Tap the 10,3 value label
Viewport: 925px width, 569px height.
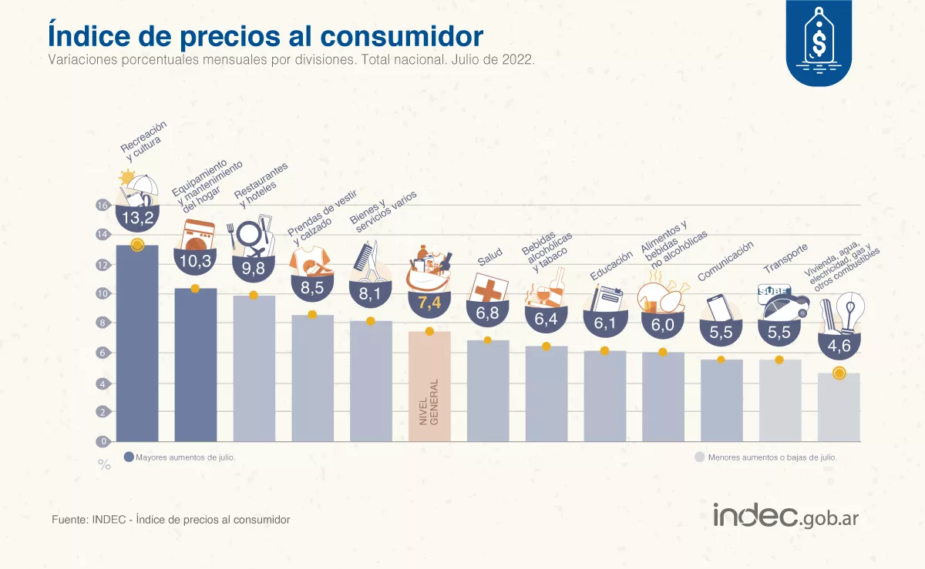[195, 261]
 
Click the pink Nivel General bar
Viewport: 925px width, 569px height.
[429, 385]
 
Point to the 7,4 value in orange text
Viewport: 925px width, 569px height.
[429, 303]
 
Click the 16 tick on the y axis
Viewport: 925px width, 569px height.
[102, 206]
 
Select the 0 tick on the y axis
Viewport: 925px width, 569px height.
[102, 442]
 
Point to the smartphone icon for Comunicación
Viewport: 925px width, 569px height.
[718, 307]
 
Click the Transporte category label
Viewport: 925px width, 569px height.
[785, 258]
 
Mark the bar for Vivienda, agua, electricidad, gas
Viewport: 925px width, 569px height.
[839, 407]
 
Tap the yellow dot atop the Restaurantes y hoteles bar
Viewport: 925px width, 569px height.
[254, 296]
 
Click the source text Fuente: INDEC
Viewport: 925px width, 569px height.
[170, 520]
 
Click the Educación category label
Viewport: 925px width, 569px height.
[611, 265]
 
